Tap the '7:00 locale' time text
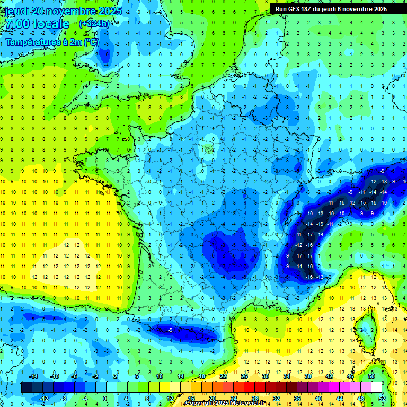point(36,24)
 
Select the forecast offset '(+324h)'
point(94,24)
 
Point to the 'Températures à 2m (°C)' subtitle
point(52,42)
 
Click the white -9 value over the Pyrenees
point(170,330)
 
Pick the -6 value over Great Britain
point(107,54)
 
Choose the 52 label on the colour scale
point(382,398)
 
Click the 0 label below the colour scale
point(104,398)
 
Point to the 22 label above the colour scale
point(223,376)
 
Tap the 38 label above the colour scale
point(308,376)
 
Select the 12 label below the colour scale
point(170,398)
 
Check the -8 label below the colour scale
point(64,398)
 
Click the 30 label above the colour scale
point(266,376)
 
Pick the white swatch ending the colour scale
point(377,387)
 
